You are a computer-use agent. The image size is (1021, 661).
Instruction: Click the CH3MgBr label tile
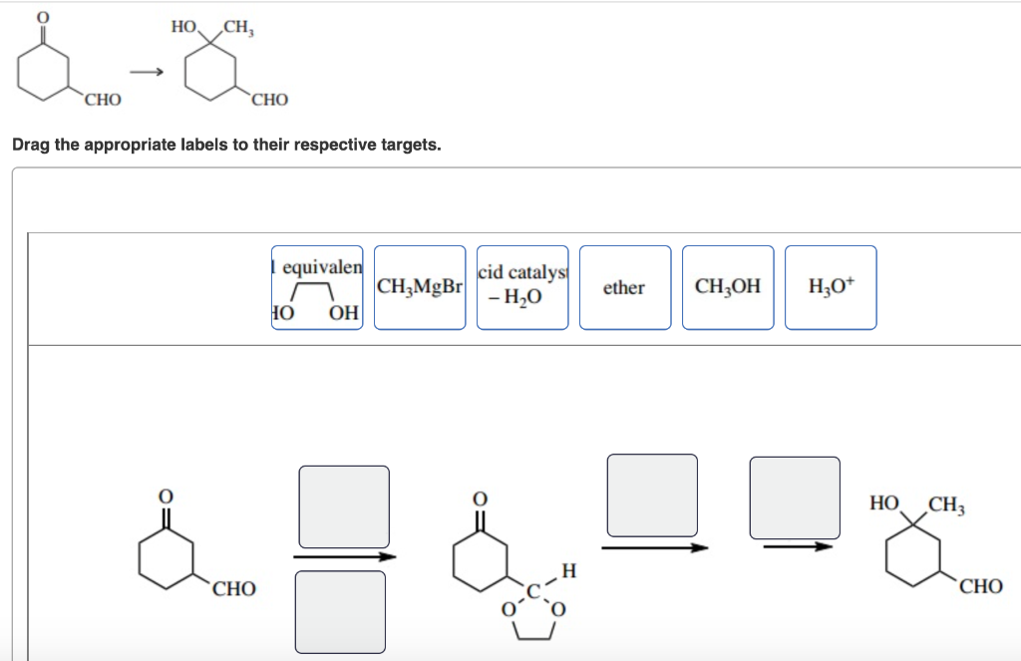420,287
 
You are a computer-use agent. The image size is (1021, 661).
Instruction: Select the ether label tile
624,287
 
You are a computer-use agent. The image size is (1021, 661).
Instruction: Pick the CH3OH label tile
727,287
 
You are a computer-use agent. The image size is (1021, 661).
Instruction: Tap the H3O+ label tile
830,287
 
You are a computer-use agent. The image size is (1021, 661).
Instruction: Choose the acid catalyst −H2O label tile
522,287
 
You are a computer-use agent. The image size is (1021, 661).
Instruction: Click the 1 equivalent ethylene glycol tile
317,287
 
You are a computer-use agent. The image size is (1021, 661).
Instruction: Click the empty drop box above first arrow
344,505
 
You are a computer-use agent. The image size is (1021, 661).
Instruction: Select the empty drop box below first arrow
340,611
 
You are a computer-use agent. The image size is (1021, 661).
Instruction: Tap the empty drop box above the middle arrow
652,495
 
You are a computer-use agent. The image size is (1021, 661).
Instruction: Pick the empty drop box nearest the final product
795,497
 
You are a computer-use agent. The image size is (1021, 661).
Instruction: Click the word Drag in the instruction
30,145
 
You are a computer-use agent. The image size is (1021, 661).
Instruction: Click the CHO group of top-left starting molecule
103,100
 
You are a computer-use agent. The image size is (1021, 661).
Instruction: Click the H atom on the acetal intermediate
568,570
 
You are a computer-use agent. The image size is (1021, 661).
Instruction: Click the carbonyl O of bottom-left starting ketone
167,495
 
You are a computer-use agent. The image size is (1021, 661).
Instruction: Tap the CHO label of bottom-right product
981,587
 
